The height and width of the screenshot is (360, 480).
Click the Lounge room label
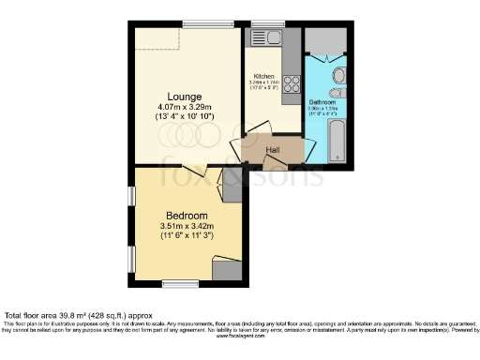coord(185,96)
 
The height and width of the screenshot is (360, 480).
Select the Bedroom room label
coord(187,216)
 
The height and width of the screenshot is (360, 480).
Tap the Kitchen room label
coord(262,76)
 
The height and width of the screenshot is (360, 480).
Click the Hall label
coord(274,149)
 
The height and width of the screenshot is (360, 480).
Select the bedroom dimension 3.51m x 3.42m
coord(187,227)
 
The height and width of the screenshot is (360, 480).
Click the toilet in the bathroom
coord(338,75)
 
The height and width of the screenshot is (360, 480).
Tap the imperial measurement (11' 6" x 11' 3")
coord(187,237)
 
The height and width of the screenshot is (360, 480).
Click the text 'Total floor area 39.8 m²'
coord(52,315)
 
